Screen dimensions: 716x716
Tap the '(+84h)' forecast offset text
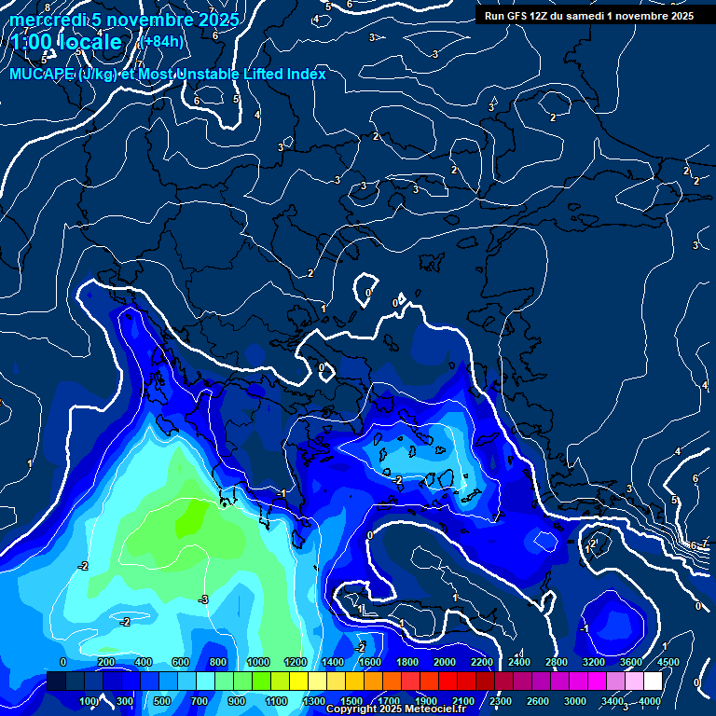click(160, 41)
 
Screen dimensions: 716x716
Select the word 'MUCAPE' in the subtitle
click(42, 74)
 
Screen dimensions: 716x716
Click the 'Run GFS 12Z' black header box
click(588, 15)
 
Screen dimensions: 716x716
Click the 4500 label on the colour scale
click(667, 662)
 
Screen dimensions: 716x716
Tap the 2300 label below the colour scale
click(500, 700)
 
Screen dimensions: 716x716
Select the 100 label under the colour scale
click(89, 700)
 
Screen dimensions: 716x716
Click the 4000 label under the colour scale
click(650, 700)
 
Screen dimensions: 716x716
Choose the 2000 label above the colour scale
click(444, 662)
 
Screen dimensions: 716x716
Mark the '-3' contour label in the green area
click(203, 599)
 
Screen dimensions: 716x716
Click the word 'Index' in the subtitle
click(304, 74)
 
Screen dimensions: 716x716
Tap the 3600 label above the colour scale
click(630, 662)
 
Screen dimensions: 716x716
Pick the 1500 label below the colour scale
click(351, 700)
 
